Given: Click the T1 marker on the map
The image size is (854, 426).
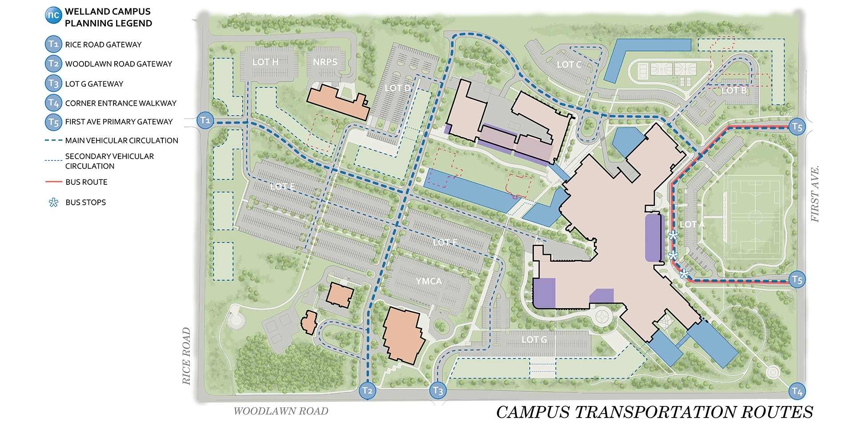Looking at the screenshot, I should point(205,120).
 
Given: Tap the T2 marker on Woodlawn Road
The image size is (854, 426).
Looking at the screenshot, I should point(367,390).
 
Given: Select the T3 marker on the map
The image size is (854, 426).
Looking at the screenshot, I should point(438,390).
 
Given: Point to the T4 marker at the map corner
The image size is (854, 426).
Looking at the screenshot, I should point(797,391).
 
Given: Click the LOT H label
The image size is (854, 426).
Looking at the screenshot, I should point(265,62).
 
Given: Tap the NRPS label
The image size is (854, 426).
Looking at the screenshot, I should point(325,62).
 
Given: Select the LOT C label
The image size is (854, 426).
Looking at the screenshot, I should point(569,65).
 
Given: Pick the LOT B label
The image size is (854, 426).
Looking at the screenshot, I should point(734,91).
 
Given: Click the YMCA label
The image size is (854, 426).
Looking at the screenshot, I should point(429,281).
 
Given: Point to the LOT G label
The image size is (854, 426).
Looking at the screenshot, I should point(534,340).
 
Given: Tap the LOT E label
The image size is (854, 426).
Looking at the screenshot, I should point(282,187).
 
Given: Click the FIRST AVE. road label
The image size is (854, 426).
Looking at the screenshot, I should point(814,194).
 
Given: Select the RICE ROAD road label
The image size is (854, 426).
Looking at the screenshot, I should point(186,356).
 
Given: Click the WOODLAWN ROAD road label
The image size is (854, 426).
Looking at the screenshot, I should point(281,411).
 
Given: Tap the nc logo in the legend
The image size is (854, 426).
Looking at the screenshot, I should point(53,15).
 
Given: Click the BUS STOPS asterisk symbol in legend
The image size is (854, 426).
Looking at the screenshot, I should point(53,203).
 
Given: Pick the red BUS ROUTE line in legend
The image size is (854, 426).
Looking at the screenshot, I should point(53,182).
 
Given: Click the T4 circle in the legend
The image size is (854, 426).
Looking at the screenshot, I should point(53,103).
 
